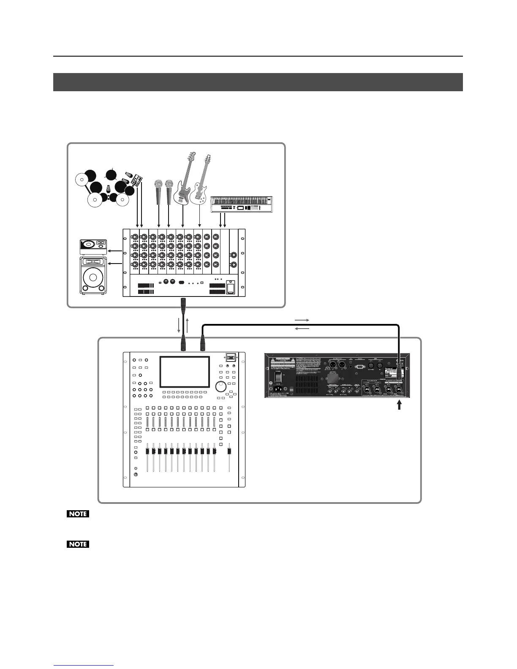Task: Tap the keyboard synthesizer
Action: coord(242,203)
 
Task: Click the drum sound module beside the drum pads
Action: coord(136,182)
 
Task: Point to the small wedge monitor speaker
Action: coord(93,247)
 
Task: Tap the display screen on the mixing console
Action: coord(185,372)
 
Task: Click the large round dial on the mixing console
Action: coord(220,386)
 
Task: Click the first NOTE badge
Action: coord(78,514)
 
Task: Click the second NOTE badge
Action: coord(78,544)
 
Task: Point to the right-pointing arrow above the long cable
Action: coord(302,320)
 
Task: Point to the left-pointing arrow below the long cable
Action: coord(302,328)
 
